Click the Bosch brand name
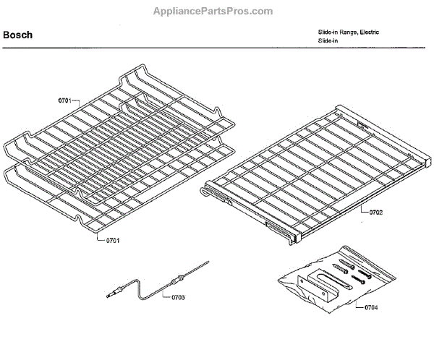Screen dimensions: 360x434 click(17, 35)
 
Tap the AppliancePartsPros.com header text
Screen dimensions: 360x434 click(214, 12)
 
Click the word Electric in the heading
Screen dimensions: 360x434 click(369, 33)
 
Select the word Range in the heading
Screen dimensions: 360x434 click(346, 33)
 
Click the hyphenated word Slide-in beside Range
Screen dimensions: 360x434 click(328, 33)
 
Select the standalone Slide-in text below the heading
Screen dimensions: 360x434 click(328, 41)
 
